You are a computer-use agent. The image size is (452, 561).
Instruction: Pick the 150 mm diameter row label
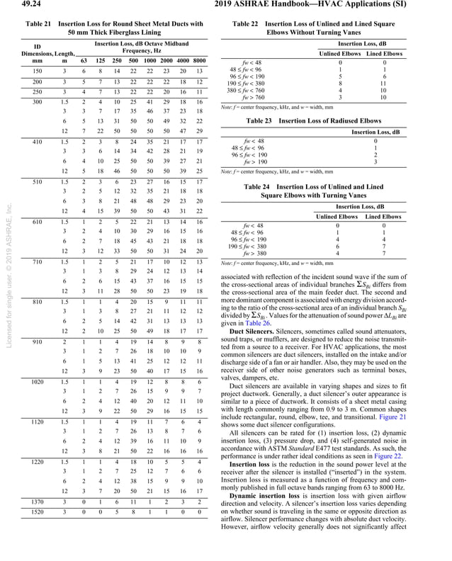click(x=38, y=72)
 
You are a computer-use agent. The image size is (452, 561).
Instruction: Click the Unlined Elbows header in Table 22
click(x=340, y=53)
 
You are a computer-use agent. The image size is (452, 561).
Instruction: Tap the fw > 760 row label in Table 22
click(x=253, y=97)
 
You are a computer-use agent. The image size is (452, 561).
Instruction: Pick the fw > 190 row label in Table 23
click(x=253, y=161)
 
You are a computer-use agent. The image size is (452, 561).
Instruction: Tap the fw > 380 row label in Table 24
click(x=253, y=253)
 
